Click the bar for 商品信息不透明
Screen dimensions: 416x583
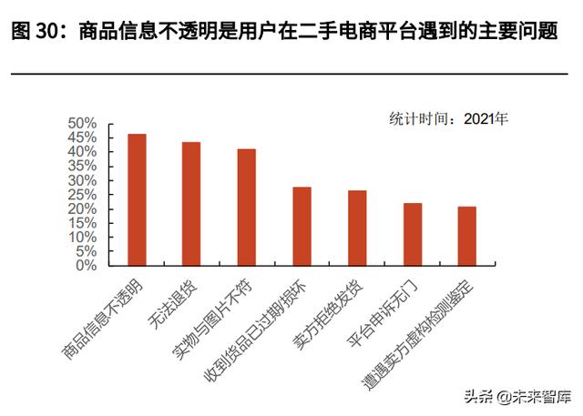(x=137, y=199)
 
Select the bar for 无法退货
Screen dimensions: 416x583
(x=191, y=204)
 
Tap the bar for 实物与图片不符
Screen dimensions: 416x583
(x=247, y=207)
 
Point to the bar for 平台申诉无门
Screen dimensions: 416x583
(x=412, y=234)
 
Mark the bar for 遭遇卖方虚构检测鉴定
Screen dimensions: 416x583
(x=466, y=236)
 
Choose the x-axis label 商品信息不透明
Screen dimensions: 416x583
(x=104, y=315)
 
